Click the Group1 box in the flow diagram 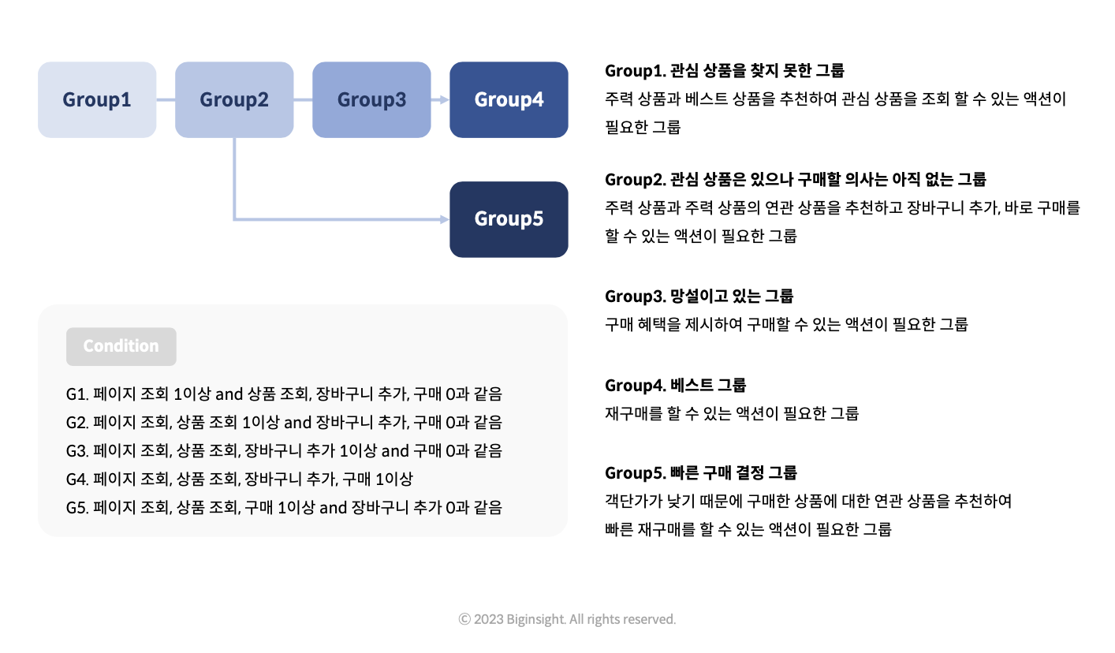point(97,99)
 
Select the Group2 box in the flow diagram point(234,99)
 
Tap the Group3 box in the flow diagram point(372,99)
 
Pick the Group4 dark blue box point(509,99)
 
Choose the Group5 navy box point(509,219)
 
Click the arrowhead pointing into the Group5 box point(445,219)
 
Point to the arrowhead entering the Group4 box point(445,100)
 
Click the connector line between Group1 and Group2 point(166,100)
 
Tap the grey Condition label point(121,346)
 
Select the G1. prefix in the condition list point(77,394)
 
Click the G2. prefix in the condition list point(77,423)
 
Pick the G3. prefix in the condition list point(77,451)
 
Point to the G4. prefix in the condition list point(77,479)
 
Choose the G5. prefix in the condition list point(77,508)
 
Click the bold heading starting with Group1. point(725,71)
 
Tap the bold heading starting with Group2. point(796,179)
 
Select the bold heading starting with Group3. point(699,297)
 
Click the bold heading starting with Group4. point(676,385)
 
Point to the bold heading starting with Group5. point(701,472)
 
